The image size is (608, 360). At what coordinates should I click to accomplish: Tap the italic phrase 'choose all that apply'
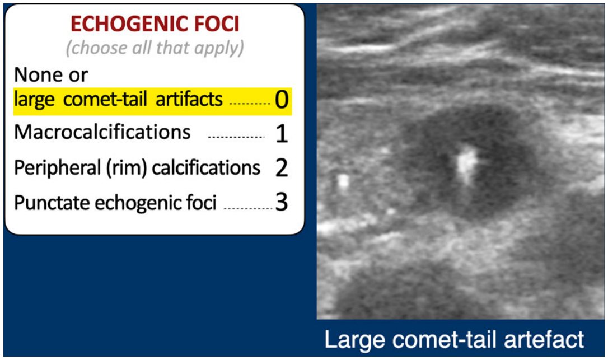(155, 48)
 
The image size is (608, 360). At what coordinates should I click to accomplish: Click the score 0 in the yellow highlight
(282, 100)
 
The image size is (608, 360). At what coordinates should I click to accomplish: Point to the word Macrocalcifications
(102, 132)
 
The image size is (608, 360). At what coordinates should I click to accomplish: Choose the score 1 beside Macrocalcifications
(282, 134)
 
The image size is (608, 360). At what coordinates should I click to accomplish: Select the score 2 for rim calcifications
(282, 169)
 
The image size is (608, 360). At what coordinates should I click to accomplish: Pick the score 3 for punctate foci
(282, 202)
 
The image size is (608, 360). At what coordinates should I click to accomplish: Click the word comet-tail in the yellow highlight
(105, 99)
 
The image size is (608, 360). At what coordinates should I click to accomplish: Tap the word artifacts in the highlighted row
(189, 99)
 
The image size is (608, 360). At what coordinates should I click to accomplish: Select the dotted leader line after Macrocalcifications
(236, 137)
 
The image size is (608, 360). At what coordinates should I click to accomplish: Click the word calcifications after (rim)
(206, 169)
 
